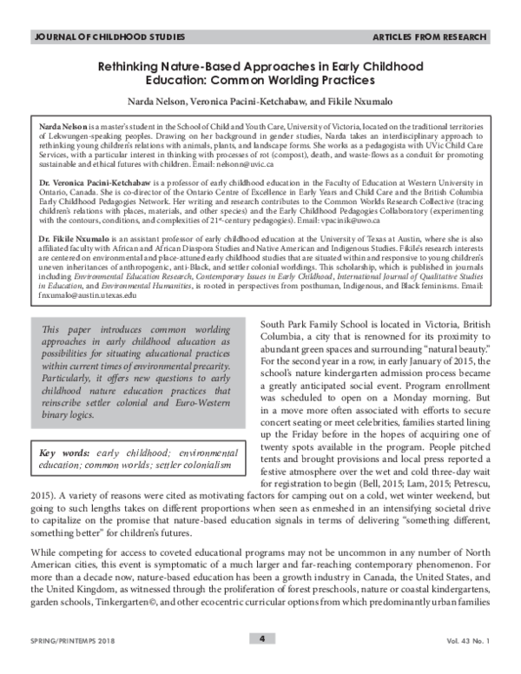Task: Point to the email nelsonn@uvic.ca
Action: pos(247,163)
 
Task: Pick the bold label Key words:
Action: pos(58,453)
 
